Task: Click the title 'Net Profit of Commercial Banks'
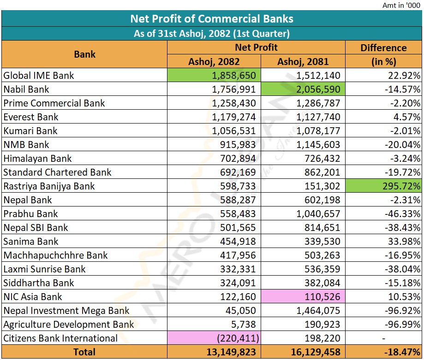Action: point(212,18)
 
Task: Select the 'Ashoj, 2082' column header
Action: point(214,61)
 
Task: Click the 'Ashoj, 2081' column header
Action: point(303,61)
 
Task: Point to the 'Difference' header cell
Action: point(383,48)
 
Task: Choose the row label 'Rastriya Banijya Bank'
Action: point(49,186)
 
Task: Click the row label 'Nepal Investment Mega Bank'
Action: point(66,311)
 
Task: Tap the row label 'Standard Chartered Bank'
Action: point(57,172)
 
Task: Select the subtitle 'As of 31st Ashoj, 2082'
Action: point(211,33)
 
